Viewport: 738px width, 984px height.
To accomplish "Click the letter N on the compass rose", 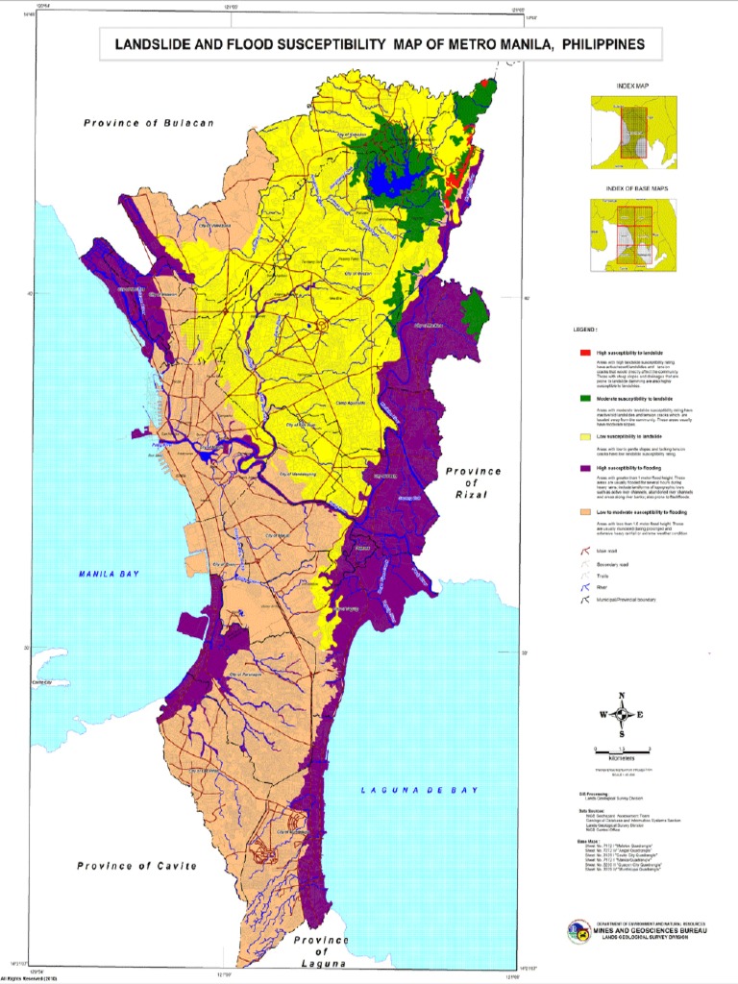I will click(x=622, y=695).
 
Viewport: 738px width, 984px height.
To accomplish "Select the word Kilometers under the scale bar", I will click(x=622, y=757).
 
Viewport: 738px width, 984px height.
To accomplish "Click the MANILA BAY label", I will click(x=109, y=574).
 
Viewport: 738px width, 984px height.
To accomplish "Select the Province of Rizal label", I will click(x=473, y=482).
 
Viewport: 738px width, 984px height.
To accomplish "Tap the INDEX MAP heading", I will click(x=633, y=86).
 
